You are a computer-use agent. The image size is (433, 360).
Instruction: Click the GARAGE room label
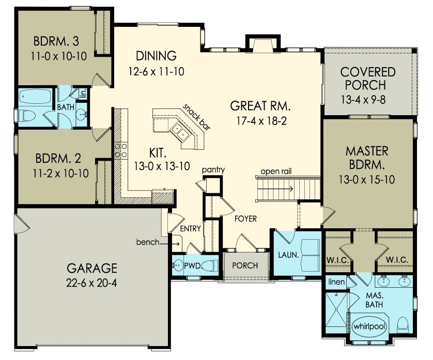pyautogui.click(x=91, y=268)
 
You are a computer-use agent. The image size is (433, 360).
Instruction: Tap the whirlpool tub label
pyautogui.click(x=365, y=326)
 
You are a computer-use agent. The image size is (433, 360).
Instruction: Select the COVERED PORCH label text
pyautogui.click(x=368, y=78)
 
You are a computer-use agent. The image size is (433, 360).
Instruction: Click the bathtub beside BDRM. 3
pyautogui.click(x=35, y=97)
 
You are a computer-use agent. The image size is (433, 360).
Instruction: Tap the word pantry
pyautogui.click(x=212, y=169)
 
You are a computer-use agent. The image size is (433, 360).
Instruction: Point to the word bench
pyautogui.click(x=148, y=242)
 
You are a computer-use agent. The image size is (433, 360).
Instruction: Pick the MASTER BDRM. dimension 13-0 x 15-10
pyautogui.click(x=367, y=181)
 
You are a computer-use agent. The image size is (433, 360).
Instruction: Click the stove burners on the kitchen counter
pyautogui.click(x=120, y=150)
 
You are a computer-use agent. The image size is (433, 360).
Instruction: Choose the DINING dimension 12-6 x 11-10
pyautogui.click(x=157, y=70)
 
